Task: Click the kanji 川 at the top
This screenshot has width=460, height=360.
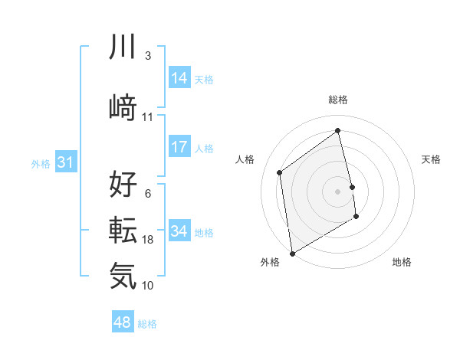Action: pos(123,47)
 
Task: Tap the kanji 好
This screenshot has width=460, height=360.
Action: pos(123,185)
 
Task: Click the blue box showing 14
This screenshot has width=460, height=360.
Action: pos(179,79)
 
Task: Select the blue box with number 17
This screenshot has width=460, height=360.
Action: pos(179,148)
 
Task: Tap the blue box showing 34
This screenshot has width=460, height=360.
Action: pos(179,232)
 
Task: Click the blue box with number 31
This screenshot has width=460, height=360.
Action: pos(65,163)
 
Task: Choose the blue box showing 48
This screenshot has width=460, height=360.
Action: pos(123,323)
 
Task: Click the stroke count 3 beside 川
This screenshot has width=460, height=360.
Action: pos(147,56)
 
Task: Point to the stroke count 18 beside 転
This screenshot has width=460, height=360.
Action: pos(148,240)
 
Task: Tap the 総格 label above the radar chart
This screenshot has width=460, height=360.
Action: pos(338,100)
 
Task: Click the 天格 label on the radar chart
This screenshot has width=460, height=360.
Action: pos(431,159)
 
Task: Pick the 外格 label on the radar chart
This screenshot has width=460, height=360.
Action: pos(270,262)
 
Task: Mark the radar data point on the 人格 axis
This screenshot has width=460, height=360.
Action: pos(280,172)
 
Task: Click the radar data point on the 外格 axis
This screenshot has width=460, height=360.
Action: pos(292,253)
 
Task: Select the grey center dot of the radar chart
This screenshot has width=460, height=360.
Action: pos(338,191)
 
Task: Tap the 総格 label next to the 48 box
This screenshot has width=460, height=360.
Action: pos(147,324)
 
